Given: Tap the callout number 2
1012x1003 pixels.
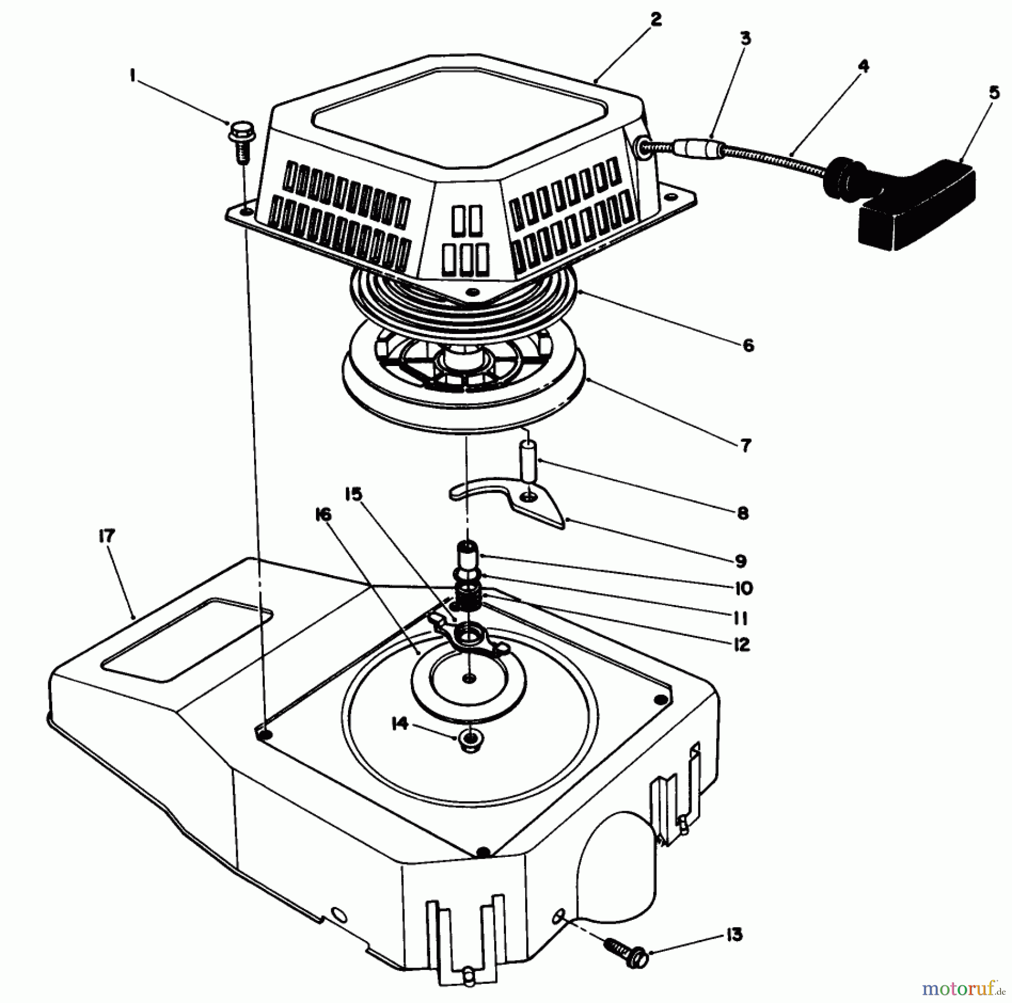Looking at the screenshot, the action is [655, 20].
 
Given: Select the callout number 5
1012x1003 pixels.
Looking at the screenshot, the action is [995, 92].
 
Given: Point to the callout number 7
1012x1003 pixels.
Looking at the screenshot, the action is [745, 445].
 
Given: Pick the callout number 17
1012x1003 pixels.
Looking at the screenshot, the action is [106, 536].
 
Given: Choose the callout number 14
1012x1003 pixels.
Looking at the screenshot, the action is [400, 725].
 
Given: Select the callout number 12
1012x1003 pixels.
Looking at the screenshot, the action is [742, 644].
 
